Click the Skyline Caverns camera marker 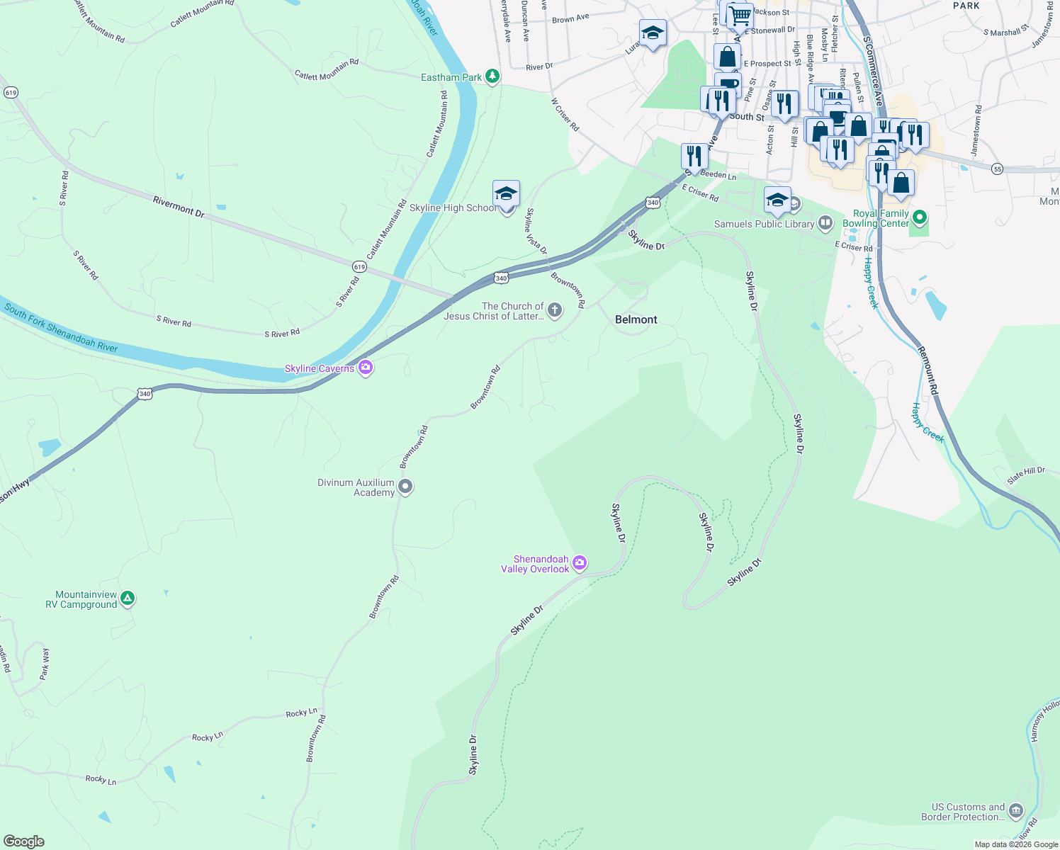tap(366, 367)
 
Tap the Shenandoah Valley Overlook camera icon tap(580, 563)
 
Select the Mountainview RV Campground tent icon tap(127, 599)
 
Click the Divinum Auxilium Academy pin tap(405, 487)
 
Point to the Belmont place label tap(636, 319)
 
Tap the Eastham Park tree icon tap(492, 76)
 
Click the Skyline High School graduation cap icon tap(506, 194)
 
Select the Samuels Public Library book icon tap(825, 224)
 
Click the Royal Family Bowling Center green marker tap(920, 217)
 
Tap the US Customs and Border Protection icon tap(1015, 810)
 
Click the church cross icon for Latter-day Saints tap(555, 310)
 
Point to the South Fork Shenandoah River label tap(61, 327)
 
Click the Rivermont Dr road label tap(179, 206)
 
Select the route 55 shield tap(998, 169)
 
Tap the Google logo tap(23, 841)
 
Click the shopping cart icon tap(740, 15)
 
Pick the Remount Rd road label tap(927, 370)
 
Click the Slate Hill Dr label tap(1026, 475)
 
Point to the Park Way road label tap(45, 664)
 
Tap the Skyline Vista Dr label tap(536, 231)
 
